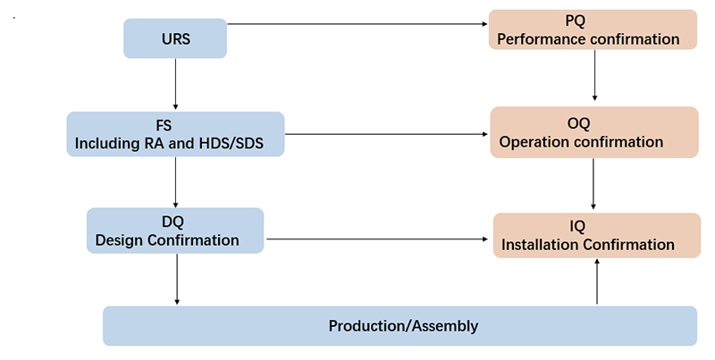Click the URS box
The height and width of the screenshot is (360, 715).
(x=175, y=38)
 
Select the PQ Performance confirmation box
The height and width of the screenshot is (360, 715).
(x=593, y=29)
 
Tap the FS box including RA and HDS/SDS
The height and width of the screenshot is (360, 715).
(x=175, y=134)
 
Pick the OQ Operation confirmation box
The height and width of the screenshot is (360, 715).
(x=594, y=132)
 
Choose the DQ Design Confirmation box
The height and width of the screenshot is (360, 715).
(x=175, y=230)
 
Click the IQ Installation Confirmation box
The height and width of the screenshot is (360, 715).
(x=597, y=235)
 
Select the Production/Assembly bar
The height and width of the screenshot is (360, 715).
(x=400, y=326)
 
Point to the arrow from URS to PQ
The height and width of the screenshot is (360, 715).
(x=357, y=24)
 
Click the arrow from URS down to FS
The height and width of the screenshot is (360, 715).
(x=175, y=84)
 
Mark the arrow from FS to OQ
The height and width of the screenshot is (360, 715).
(x=386, y=134)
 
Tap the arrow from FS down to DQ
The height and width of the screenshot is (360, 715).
(x=175, y=182)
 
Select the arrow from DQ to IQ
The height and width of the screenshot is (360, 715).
(x=377, y=239)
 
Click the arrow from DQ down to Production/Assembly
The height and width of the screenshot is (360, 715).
(x=177, y=279)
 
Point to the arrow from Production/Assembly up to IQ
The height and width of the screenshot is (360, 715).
(x=597, y=281)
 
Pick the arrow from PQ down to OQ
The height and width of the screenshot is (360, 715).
(x=594, y=75)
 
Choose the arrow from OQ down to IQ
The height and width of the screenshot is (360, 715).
(x=593, y=184)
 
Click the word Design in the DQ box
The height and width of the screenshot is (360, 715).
(x=119, y=240)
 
